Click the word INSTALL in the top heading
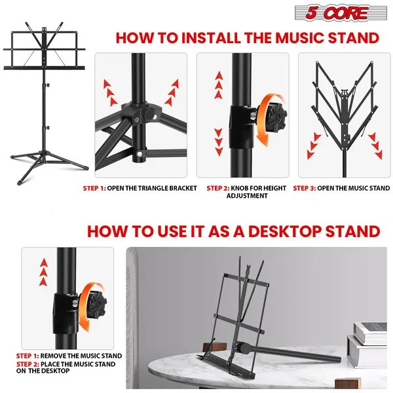pyautogui.click(x=210, y=38)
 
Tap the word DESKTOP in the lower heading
pyautogui.click(x=284, y=231)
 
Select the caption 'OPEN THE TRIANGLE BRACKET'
pyautogui.click(x=152, y=188)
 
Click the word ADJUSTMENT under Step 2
pyautogui.click(x=247, y=196)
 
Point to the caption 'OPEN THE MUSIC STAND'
pyautogui.click(x=354, y=188)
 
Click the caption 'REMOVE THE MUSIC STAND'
pyautogui.click(x=81, y=356)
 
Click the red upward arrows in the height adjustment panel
pyautogui.click(x=219, y=85)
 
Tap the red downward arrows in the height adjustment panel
pyautogui.click(x=219, y=142)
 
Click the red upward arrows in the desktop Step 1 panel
pyautogui.click(x=44, y=272)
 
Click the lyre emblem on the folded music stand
pyautogui.click(x=344, y=93)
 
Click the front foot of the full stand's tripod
pyautogui.click(x=21, y=181)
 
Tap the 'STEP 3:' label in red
pyautogui.click(x=305, y=188)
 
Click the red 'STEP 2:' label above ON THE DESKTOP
pyautogui.click(x=28, y=364)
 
